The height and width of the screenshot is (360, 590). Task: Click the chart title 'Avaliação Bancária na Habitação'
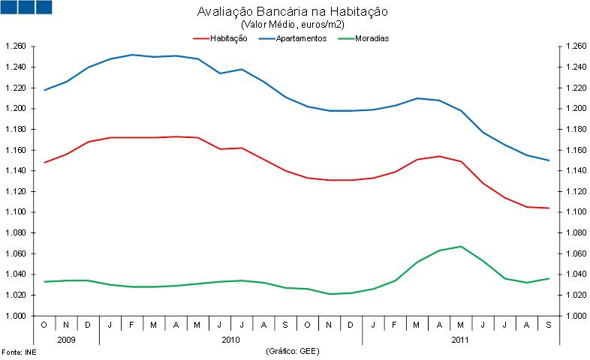pos(293,13)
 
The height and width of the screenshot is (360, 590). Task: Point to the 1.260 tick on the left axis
pos(17,46)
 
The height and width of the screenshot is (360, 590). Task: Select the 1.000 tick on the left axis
pos(17,316)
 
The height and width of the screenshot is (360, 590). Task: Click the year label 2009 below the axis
pos(66,339)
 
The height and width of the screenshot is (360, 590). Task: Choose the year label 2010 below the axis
pos(230,339)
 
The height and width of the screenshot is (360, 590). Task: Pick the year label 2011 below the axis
pos(460,339)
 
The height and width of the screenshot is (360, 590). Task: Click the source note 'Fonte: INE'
pos(18,352)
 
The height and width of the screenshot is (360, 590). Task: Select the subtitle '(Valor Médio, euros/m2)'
pos(293,25)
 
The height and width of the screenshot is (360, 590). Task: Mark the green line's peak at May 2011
pos(461,247)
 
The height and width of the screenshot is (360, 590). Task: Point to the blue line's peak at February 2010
pos(132,55)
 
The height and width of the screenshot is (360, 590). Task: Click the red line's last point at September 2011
pos(549,208)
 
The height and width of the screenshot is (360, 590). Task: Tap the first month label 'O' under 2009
pos(44,324)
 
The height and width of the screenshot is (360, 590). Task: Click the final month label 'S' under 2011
pos(549,324)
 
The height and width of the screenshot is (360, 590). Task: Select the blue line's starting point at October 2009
pos(44,90)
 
